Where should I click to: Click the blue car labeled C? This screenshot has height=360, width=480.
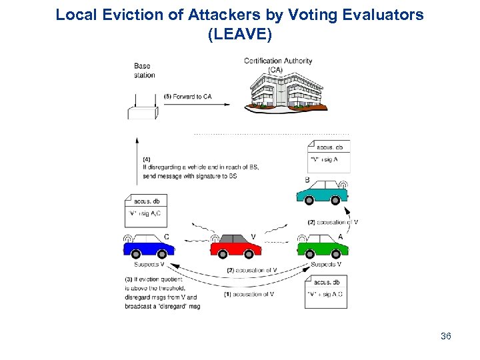(x=149, y=247)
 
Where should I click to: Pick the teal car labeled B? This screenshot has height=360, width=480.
(x=322, y=192)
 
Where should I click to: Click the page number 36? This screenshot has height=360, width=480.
(x=446, y=337)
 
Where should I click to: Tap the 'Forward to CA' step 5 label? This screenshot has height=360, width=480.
(x=188, y=97)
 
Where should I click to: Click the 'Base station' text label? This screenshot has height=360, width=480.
(x=144, y=71)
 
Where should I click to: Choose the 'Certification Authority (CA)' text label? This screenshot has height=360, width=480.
(x=277, y=65)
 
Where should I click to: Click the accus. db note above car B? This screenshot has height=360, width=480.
(x=328, y=153)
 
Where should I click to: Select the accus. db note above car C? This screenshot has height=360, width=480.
(x=146, y=208)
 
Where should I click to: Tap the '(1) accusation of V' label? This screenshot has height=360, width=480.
(x=249, y=294)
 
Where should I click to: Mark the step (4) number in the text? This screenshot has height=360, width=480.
(x=147, y=159)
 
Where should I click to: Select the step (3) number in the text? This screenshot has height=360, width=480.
(x=129, y=278)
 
